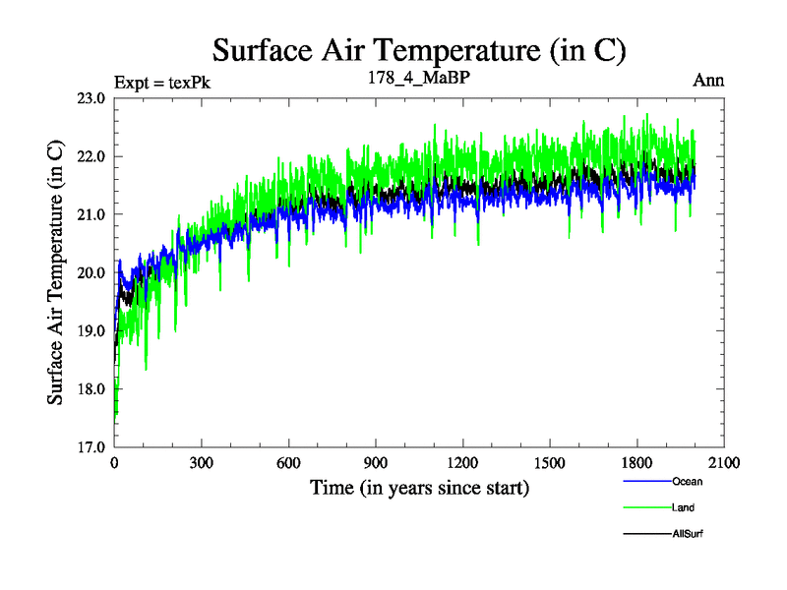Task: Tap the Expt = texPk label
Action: [x=162, y=82]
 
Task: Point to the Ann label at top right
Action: [x=708, y=81]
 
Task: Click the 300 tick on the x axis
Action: [x=202, y=462]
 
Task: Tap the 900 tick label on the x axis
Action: [x=376, y=462]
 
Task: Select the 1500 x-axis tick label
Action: [x=550, y=462]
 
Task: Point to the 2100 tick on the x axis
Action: [x=724, y=462]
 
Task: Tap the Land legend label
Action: [x=685, y=507]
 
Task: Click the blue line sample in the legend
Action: [x=647, y=482]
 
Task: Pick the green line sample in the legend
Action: [x=647, y=507]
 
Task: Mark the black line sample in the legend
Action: [x=647, y=534]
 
